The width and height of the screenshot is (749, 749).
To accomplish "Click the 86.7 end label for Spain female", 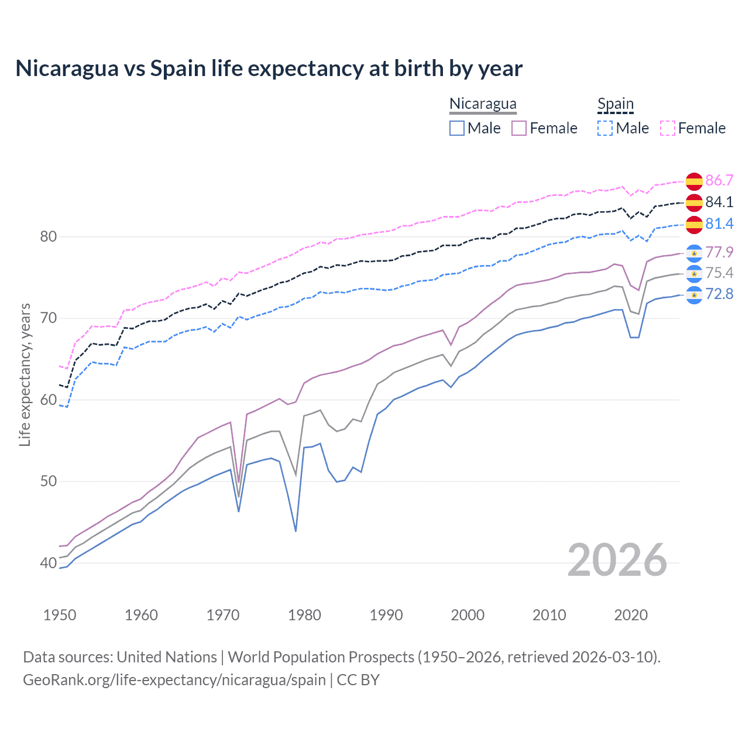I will [x=719, y=180].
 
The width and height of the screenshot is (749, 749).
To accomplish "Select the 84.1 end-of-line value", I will [x=719, y=202].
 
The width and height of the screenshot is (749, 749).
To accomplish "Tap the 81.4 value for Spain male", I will [x=719, y=224].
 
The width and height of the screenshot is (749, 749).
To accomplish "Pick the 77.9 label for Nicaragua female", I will [x=719, y=252].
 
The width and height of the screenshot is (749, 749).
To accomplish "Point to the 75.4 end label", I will [x=719, y=273].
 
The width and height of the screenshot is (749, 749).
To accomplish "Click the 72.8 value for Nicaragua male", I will [x=719, y=294].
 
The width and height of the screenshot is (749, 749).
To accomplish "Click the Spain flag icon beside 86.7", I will [x=694, y=181].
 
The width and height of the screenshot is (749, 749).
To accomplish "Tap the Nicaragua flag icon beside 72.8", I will [x=694, y=294].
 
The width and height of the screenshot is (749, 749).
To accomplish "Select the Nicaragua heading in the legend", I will [x=483, y=104].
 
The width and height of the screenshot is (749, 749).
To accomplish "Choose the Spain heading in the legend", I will [x=616, y=104].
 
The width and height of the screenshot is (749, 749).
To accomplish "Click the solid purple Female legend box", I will [x=519, y=128].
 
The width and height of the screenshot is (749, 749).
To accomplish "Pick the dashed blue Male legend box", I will [x=605, y=128].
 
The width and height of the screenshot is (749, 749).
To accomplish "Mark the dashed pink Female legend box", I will [x=668, y=128].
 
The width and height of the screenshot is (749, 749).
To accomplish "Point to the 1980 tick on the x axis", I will [x=304, y=615].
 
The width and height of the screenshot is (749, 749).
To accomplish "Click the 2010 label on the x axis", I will [x=549, y=615].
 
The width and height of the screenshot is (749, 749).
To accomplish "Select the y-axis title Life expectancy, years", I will [x=25, y=374].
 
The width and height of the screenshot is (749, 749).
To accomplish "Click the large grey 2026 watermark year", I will [x=617, y=560].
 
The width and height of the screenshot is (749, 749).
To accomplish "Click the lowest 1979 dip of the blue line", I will [x=296, y=531].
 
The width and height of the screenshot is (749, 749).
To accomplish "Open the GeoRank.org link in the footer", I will [x=174, y=680].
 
